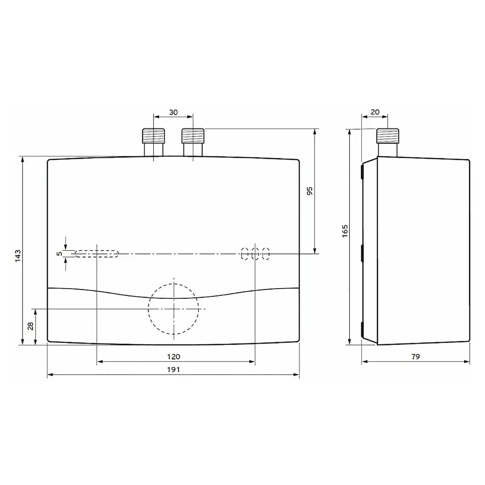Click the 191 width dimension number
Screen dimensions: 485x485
click(x=173, y=369)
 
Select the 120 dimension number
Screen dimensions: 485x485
click(x=174, y=356)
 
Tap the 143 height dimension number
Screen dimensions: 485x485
click(x=18, y=256)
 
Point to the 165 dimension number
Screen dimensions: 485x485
click(x=345, y=231)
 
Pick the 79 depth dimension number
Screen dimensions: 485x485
click(x=415, y=356)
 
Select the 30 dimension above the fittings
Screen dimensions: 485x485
click(x=173, y=112)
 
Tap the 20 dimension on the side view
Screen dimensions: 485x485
click(x=375, y=112)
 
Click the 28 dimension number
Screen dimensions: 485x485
click(x=30, y=327)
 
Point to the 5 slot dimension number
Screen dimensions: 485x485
click(x=59, y=254)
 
